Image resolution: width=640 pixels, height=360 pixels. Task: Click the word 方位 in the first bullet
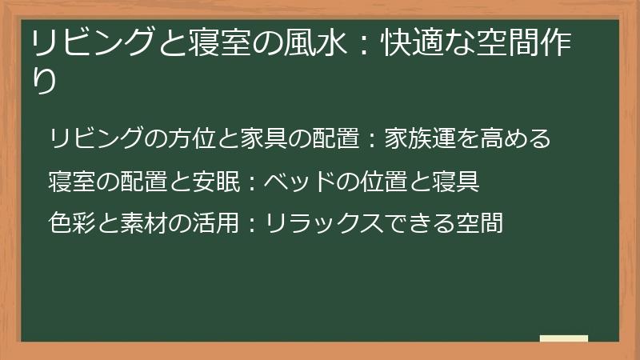click(192, 139)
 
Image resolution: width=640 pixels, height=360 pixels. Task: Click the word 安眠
click(216, 182)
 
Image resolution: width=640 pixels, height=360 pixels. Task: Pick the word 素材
click(143, 222)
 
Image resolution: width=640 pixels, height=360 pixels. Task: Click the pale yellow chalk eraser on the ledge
click(563, 338)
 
